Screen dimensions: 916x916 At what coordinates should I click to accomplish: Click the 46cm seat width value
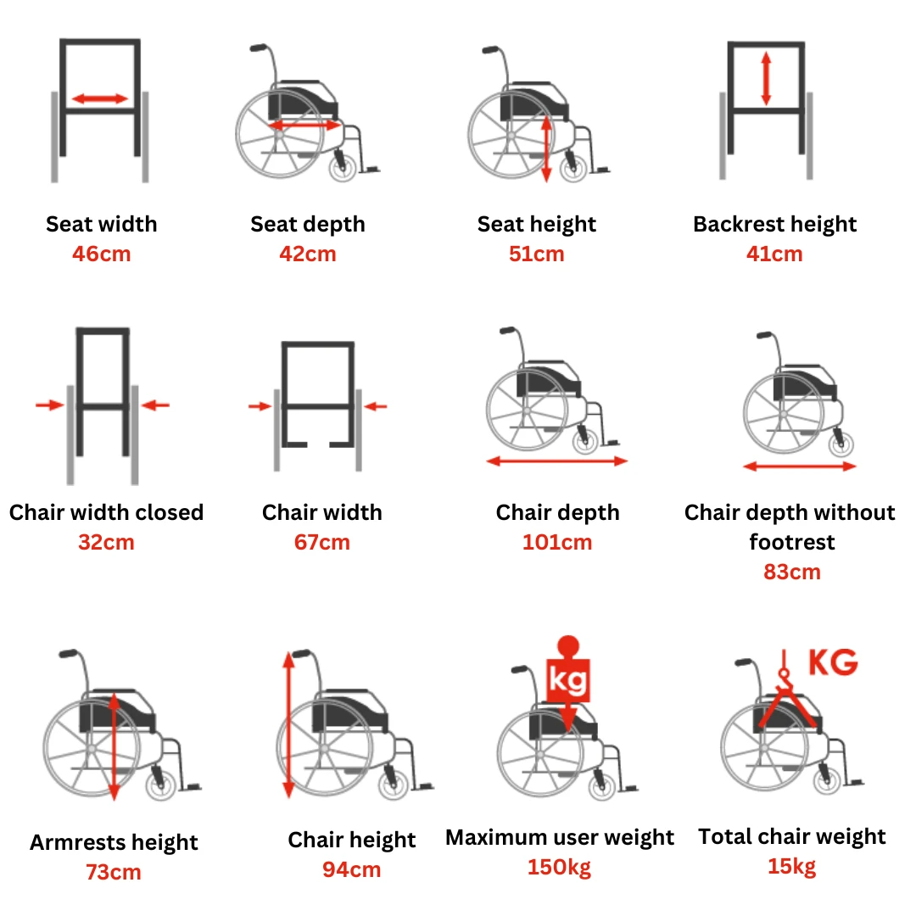tap(102, 254)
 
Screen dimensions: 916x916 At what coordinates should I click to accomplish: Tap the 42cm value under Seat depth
tap(308, 254)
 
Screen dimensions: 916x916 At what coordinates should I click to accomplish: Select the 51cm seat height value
tap(536, 254)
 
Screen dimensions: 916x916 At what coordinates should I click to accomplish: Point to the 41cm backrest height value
tap(774, 254)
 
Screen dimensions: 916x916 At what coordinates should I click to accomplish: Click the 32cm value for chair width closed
tap(106, 542)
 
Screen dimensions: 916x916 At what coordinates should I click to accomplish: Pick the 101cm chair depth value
tap(557, 542)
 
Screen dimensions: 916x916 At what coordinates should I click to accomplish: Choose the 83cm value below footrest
tap(792, 572)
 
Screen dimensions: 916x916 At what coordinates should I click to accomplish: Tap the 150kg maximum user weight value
tap(559, 868)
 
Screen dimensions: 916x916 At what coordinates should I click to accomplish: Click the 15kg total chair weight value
tap(791, 866)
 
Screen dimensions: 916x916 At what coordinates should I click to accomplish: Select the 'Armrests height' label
tap(114, 842)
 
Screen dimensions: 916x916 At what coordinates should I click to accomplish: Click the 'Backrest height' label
tap(774, 224)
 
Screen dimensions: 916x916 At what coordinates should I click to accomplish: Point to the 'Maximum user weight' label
tap(560, 838)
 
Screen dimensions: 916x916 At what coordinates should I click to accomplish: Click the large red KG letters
tap(833, 662)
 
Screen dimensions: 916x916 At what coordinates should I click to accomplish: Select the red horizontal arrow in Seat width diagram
tap(100, 98)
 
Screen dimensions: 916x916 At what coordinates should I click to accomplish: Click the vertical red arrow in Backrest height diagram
tap(766, 79)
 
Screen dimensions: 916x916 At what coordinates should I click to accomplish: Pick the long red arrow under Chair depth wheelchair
tap(557, 461)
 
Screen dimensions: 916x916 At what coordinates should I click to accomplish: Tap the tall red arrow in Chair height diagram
tap(288, 725)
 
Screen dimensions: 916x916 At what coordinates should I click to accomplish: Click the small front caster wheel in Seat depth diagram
tap(343, 168)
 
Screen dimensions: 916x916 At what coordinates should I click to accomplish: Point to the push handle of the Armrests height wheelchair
tap(68, 653)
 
